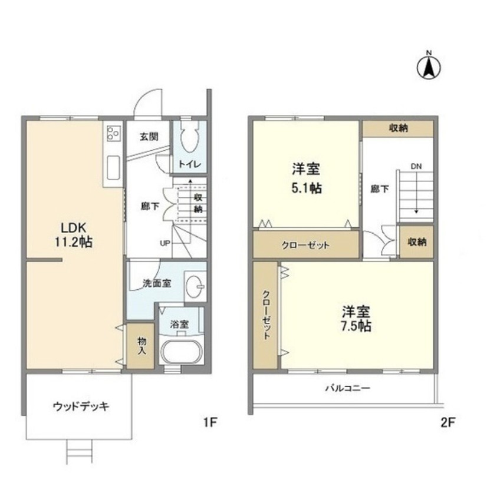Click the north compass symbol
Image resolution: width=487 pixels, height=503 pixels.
(429, 66)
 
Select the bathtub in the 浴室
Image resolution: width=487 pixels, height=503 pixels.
(182, 352)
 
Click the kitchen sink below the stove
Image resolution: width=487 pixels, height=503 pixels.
(113, 168)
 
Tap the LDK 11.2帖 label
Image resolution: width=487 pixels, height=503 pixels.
(74, 235)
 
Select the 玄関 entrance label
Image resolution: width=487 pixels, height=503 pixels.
(149, 137)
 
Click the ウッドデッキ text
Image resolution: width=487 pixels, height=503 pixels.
(81, 407)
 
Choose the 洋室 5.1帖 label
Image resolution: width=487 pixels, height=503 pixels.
(306, 178)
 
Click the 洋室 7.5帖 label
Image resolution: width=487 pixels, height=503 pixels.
(356, 319)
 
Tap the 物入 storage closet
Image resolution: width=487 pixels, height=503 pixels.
(141, 346)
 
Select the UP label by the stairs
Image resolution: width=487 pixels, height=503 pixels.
(165, 243)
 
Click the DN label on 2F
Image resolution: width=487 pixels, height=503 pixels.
(416, 167)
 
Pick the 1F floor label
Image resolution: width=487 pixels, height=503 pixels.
(210, 422)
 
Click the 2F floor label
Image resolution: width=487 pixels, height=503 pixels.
(447, 422)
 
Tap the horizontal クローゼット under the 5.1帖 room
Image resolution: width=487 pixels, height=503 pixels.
(306, 244)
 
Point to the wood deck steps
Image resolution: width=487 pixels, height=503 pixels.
(79, 451)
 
